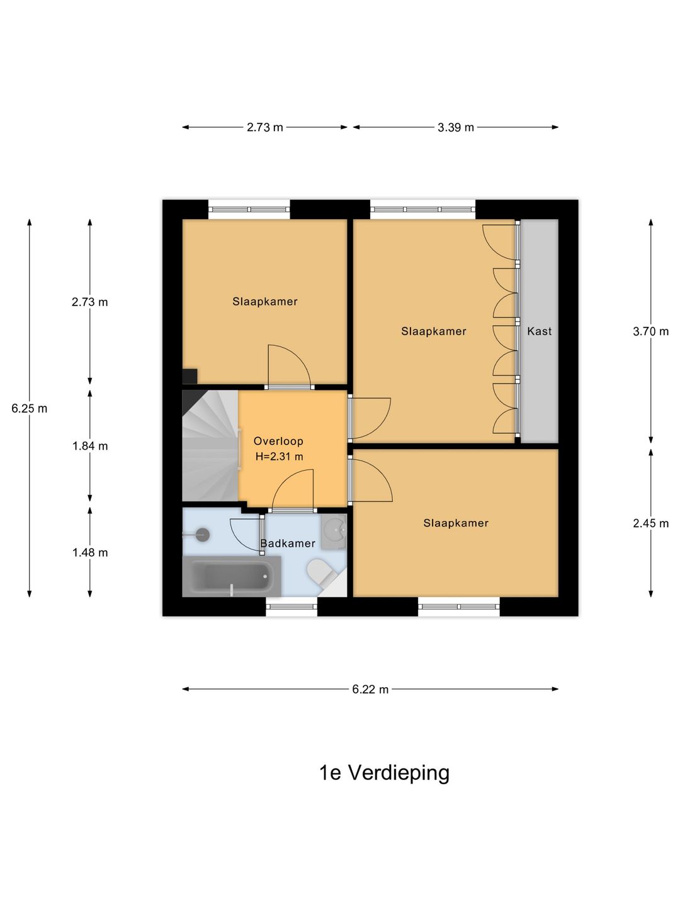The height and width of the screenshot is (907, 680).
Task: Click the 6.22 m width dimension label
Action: (x=370, y=689)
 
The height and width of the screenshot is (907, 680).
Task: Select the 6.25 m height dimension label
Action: (x=30, y=408)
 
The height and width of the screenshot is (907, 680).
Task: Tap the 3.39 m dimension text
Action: (x=455, y=127)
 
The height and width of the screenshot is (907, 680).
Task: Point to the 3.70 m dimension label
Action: (x=650, y=331)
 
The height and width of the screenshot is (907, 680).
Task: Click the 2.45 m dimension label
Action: (x=650, y=523)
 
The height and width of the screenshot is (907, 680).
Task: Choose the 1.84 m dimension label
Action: (x=90, y=446)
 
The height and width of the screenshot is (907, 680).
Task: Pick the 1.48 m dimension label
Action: (x=90, y=552)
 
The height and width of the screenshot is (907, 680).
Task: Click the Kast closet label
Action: (x=539, y=331)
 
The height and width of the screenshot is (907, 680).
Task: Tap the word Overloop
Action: (x=278, y=441)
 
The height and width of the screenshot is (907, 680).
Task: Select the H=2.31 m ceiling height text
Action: (x=279, y=457)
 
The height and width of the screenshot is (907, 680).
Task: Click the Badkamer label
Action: (x=288, y=544)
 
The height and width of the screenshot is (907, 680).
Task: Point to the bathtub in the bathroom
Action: (x=232, y=576)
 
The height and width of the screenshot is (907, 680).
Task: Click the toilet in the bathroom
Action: (x=321, y=571)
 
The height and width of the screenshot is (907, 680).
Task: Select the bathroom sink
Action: (x=334, y=532)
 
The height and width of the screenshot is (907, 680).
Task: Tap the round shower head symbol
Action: (x=202, y=535)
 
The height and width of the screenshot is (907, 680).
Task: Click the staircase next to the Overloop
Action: (x=210, y=446)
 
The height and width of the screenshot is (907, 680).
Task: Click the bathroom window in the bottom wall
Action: (x=291, y=607)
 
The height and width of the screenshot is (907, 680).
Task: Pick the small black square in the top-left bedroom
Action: (x=190, y=377)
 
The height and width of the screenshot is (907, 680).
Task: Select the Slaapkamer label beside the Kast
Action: (x=434, y=331)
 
